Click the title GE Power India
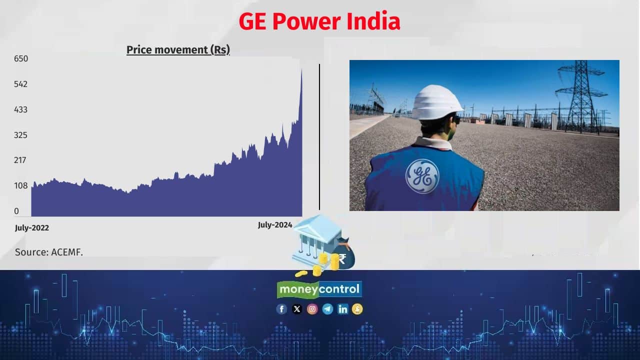coord(319,22)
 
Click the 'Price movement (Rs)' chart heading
coord(178,50)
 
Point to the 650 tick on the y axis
coord(21,58)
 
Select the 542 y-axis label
coord(21,84)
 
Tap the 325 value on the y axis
coord(21,135)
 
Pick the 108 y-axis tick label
coord(21,186)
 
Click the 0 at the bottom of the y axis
coord(16,211)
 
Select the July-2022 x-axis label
coord(32,228)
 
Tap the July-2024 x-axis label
coord(275,225)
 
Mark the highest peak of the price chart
coord(301,70)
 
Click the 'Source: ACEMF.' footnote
coord(49,252)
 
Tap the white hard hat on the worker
coord(437,102)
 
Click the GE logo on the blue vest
coord(422,176)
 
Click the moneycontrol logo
coord(319,289)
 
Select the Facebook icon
coord(282,309)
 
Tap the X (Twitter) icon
coord(297,309)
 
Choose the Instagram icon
coord(312,309)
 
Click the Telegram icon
coord(327,309)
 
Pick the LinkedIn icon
coord(342,309)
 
